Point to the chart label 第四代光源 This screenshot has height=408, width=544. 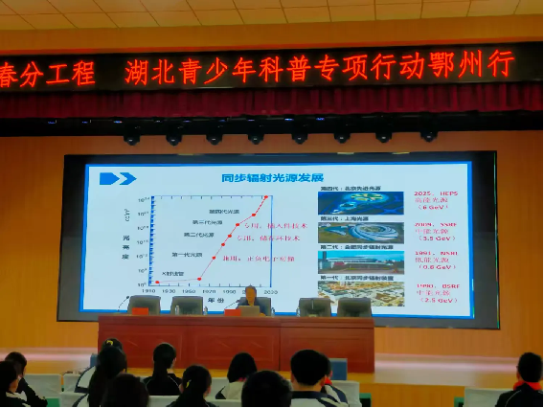[221, 210]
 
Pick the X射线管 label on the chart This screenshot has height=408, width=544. [173, 274]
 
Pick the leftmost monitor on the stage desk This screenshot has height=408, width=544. [145, 305]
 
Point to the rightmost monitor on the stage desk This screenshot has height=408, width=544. [354, 306]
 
